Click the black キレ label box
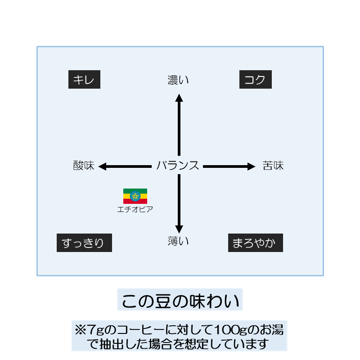click(84, 80)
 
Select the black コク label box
click(255, 80)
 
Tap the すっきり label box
click(84, 243)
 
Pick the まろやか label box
click(255, 243)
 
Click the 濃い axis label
click(178, 81)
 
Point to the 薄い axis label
click(178, 241)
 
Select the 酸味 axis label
click(84, 166)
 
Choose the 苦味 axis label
click(273, 166)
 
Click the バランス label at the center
click(178, 166)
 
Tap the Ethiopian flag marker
click(135, 196)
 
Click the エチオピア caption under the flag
click(135, 209)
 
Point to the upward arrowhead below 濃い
click(179, 98)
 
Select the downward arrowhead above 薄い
click(179, 228)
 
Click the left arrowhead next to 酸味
click(102, 166)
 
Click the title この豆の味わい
click(180, 300)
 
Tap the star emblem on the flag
click(135, 196)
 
